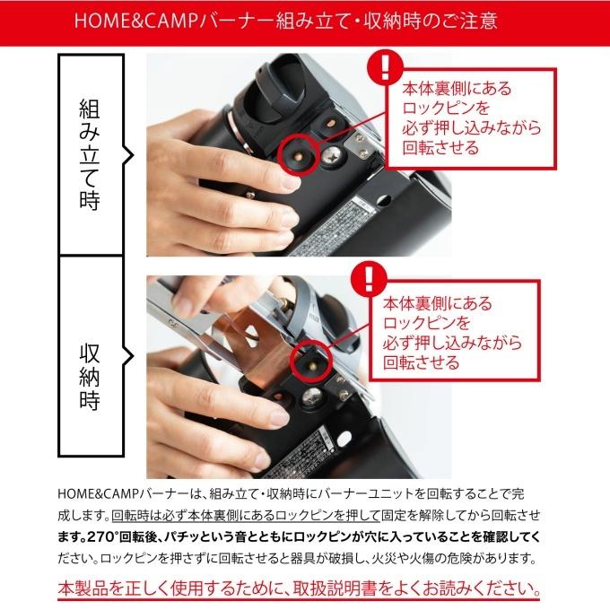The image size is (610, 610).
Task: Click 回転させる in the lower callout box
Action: (x=421, y=362)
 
